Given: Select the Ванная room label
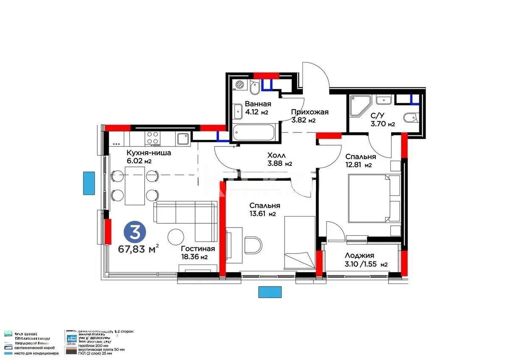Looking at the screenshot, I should pos(258,104).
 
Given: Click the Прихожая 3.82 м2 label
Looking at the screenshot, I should pos(310,116).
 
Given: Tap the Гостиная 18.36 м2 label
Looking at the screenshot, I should pos(197,253).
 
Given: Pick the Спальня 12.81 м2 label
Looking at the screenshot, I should pos(360,160).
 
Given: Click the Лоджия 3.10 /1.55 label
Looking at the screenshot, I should pos(366,259).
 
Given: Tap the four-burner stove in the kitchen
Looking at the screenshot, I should pos(153,138).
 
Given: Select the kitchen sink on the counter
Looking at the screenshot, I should pos(183,138).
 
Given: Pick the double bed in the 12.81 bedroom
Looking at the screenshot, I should pos(373,199).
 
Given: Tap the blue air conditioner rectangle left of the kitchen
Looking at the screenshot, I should pos(89,183).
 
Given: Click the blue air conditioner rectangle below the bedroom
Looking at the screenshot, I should pos(270,292).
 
